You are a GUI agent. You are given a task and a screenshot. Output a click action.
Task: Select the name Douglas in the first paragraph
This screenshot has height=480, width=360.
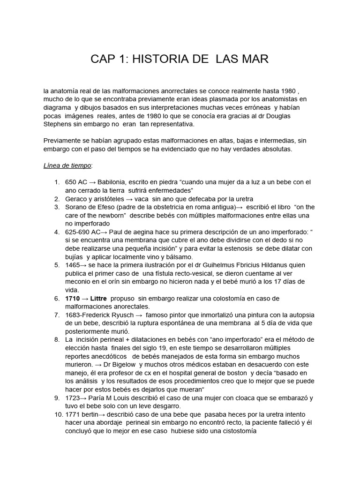(292, 116)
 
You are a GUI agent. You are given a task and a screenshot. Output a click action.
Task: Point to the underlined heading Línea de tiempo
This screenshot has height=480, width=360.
(67, 165)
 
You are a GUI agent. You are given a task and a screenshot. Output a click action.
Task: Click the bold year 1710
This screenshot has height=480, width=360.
(73, 299)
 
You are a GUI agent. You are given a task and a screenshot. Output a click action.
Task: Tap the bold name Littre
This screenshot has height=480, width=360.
(98, 299)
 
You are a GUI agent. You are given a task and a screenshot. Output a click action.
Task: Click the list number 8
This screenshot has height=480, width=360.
(57, 340)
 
